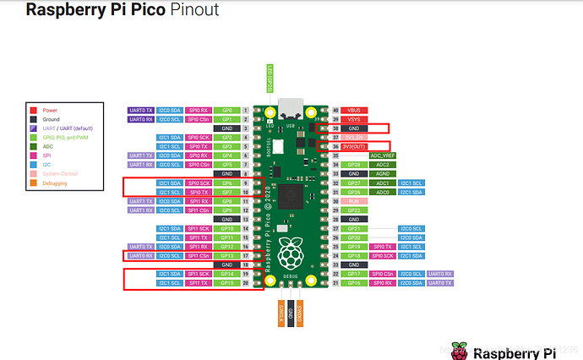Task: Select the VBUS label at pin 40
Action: tap(354, 111)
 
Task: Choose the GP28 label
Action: tap(354, 164)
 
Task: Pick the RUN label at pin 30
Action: tap(354, 200)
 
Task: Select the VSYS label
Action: tap(354, 119)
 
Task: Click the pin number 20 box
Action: tap(246, 282)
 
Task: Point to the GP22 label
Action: tap(354, 210)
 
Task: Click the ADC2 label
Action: tap(383, 164)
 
